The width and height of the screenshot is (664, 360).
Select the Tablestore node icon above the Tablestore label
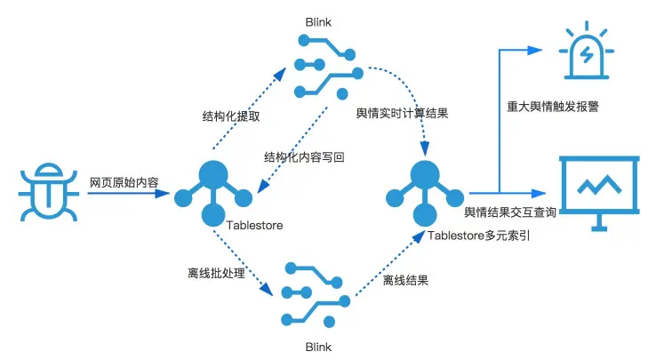(x=212, y=191)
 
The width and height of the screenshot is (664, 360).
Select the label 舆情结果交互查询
(x=510, y=212)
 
